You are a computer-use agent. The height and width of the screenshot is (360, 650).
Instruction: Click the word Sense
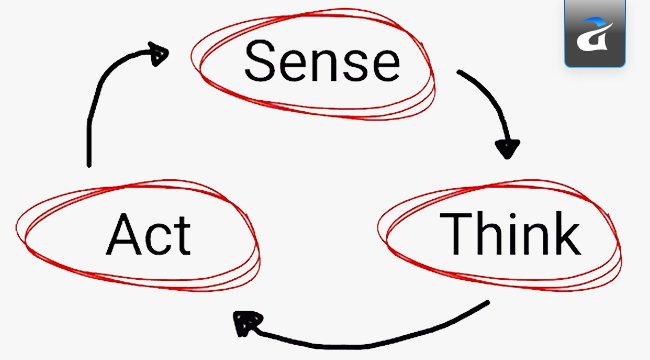tap(321, 61)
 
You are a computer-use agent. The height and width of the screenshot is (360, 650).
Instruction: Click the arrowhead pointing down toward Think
tap(508, 148)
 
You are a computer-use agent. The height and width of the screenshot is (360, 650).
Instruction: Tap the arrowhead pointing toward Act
tap(244, 322)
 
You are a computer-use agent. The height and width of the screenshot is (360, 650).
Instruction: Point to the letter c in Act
tap(159, 241)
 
